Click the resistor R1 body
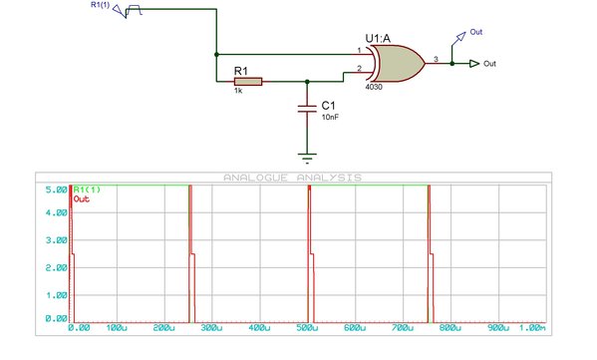click(x=248, y=82)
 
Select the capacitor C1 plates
click(x=307, y=109)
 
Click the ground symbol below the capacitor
click(x=307, y=158)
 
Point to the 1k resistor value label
click(x=238, y=91)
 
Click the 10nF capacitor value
click(x=330, y=118)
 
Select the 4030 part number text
click(x=374, y=87)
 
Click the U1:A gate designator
click(x=378, y=39)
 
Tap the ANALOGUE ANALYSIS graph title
click(x=292, y=178)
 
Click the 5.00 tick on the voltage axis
click(x=57, y=189)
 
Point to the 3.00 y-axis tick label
click(x=57, y=240)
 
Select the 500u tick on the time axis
click(x=307, y=328)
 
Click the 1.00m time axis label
click(x=532, y=328)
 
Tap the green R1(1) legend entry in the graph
click(x=87, y=189)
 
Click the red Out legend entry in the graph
click(x=81, y=198)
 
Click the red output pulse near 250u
click(x=192, y=253)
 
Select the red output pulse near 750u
click(x=431, y=253)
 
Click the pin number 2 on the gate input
click(x=359, y=69)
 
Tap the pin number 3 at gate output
click(x=436, y=59)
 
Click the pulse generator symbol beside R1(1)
click(x=134, y=10)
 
